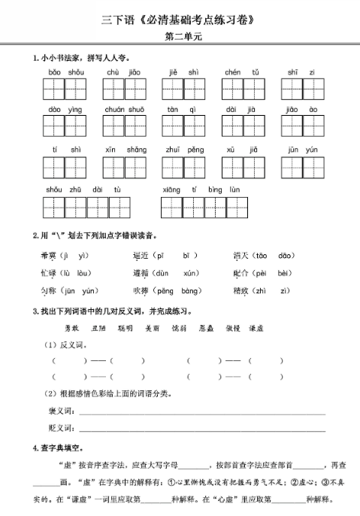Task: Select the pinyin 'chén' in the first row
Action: point(233,72)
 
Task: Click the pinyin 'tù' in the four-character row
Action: point(117,190)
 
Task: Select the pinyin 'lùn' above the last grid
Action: point(234,190)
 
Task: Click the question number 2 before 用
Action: point(35,235)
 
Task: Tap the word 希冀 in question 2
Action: point(47,256)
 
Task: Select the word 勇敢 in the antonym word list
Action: point(71,329)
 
